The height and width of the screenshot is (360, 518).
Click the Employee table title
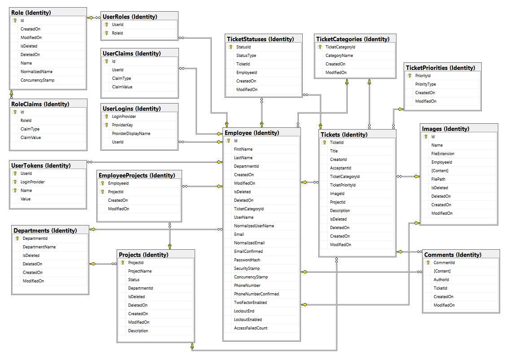point(252,133)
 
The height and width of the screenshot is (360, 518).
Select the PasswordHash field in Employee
point(247,260)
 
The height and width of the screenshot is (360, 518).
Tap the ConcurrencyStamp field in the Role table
point(37,80)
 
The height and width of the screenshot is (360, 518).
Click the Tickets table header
point(344,134)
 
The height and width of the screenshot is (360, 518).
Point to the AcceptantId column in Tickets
point(340,168)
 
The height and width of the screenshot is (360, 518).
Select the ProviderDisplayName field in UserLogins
point(131,134)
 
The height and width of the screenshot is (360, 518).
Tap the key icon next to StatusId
point(231,47)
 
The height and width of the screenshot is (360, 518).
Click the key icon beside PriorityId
point(410,76)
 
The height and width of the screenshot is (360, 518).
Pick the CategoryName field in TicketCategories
point(339,56)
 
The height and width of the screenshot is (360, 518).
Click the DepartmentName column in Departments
point(39,247)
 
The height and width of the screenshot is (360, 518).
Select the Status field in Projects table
point(134,280)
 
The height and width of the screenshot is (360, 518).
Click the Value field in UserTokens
point(26,199)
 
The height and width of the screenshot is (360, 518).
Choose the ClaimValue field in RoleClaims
point(30,138)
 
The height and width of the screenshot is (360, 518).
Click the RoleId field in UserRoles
point(118,33)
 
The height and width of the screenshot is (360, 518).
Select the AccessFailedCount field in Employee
point(250,328)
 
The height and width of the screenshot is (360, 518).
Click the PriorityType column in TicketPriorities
point(425,84)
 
